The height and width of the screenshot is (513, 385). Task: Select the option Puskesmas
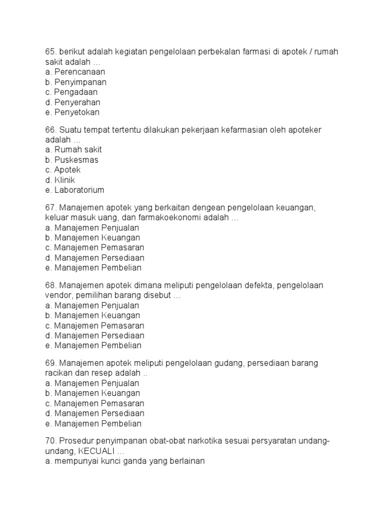point(76,160)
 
